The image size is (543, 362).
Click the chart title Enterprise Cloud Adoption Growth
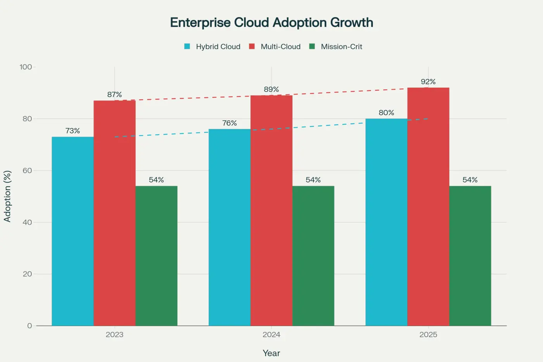pyautogui.click(x=271, y=23)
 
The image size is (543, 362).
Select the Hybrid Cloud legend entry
pyautogui.click(x=212, y=47)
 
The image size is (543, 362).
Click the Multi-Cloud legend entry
pyautogui.click(x=275, y=47)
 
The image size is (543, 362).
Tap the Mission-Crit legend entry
pyautogui.click(x=335, y=47)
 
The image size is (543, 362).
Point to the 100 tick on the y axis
pyautogui.click(x=26, y=67)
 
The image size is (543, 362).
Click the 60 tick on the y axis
pyautogui.click(x=27, y=171)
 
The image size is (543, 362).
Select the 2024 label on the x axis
pyautogui.click(x=271, y=334)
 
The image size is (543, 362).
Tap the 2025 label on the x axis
pyautogui.click(x=428, y=334)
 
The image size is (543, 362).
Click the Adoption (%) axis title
pyautogui.click(x=7, y=196)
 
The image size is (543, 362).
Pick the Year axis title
pyautogui.click(x=271, y=353)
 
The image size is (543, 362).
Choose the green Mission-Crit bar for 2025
pyautogui.click(x=470, y=256)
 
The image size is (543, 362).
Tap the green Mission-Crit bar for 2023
pyautogui.click(x=156, y=256)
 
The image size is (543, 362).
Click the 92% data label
pyautogui.click(x=428, y=82)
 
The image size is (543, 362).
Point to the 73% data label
pyautogui.click(x=73, y=131)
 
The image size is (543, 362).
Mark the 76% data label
pyautogui.click(x=229, y=123)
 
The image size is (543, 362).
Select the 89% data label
pyautogui.click(x=271, y=90)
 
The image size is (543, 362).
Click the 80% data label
pyautogui.click(x=386, y=113)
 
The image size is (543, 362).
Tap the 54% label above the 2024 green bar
pyautogui.click(x=313, y=180)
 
